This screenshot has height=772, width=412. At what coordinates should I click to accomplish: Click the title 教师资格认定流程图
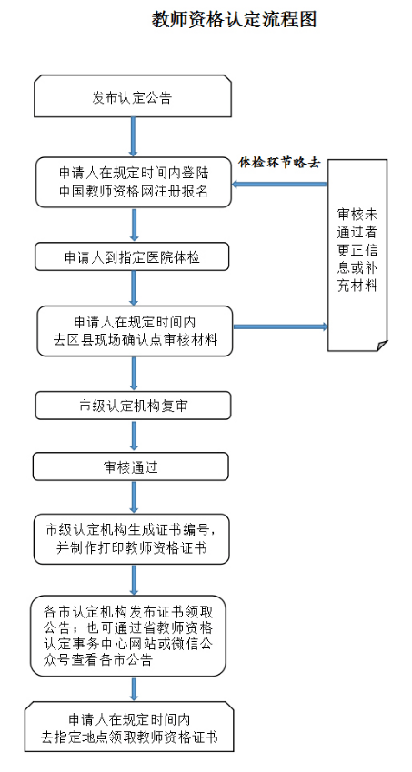(235, 20)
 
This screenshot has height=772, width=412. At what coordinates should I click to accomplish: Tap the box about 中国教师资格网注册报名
(133, 183)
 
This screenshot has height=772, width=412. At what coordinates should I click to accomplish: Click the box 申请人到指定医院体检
(132, 258)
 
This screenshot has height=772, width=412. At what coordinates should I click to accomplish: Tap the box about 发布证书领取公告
(127, 633)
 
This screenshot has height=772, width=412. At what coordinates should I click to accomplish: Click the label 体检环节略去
(279, 163)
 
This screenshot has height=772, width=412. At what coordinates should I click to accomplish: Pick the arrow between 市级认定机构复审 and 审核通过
(134, 436)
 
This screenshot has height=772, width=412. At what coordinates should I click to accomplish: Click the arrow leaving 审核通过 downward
(134, 496)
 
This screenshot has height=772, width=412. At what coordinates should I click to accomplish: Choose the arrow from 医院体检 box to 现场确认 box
(134, 288)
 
